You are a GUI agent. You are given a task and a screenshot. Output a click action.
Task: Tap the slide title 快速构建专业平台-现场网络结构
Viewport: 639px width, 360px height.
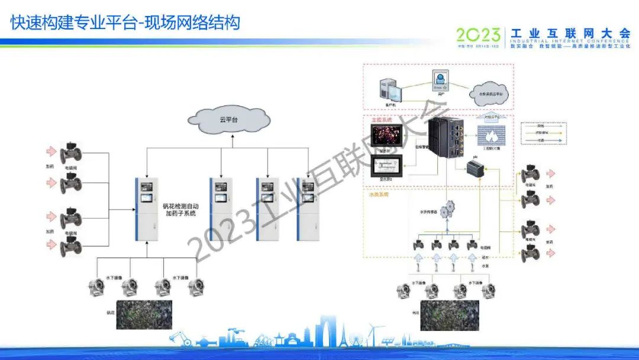125,23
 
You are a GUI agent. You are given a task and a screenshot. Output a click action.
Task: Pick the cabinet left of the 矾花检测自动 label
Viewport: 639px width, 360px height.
144,209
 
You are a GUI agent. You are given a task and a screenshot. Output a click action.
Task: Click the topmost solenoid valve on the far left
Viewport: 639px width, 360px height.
72,150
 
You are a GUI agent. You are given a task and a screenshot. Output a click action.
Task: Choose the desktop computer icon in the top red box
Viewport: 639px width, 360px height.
391,90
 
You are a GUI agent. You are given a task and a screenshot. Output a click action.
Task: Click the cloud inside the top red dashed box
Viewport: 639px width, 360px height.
489,94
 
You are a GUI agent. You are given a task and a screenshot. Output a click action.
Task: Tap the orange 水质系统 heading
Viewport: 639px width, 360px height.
378,194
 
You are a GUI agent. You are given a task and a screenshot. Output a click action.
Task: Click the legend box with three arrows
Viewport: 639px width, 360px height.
544,133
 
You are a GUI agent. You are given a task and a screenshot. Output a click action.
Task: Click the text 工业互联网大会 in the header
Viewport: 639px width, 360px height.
570,33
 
